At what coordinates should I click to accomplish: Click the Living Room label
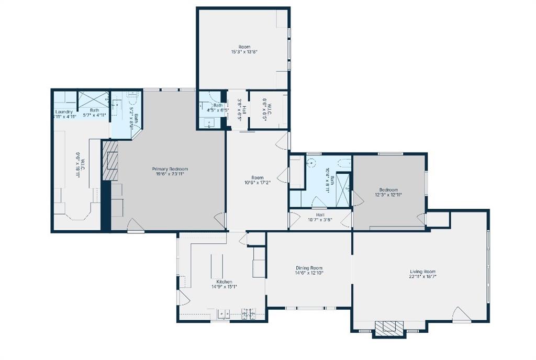click(422, 272)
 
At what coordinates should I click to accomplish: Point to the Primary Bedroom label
click(170, 169)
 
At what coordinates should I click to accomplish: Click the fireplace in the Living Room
click(389, 328)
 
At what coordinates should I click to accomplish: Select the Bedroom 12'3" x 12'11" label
click(388, 190)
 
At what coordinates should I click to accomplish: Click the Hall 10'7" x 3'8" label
click(320, 215)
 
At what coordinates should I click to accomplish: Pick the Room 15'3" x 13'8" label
click(244, 47)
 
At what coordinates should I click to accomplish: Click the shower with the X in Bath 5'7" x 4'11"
click(93, 99)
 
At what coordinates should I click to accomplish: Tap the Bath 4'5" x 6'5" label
click(217, 105)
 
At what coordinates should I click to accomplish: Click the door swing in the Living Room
click(460, 314)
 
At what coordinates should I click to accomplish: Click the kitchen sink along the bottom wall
click(224, 314)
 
